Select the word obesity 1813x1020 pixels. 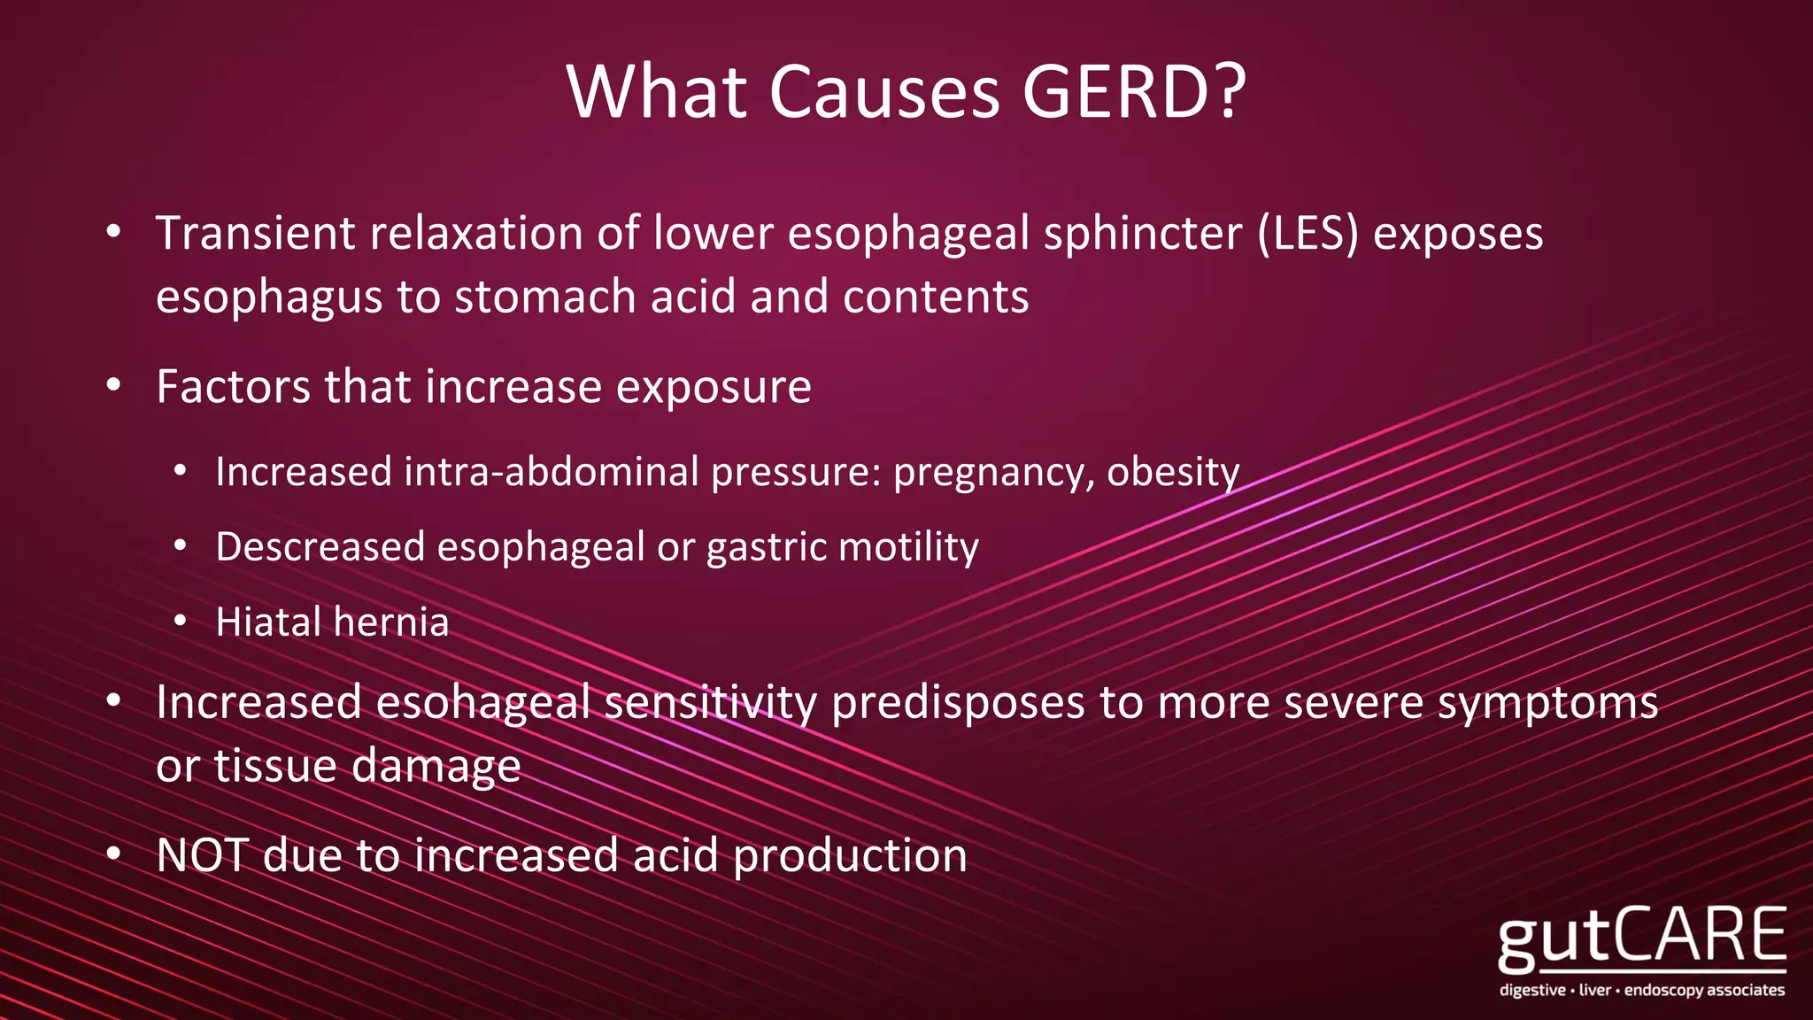click(1173, 472)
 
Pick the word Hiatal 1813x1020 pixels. click(268, 622)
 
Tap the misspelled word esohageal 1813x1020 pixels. click(482, 703)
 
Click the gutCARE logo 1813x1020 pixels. click(1642, 949)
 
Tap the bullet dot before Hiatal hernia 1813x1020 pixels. click(180, 622)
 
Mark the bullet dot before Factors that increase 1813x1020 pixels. click(112, 386)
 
